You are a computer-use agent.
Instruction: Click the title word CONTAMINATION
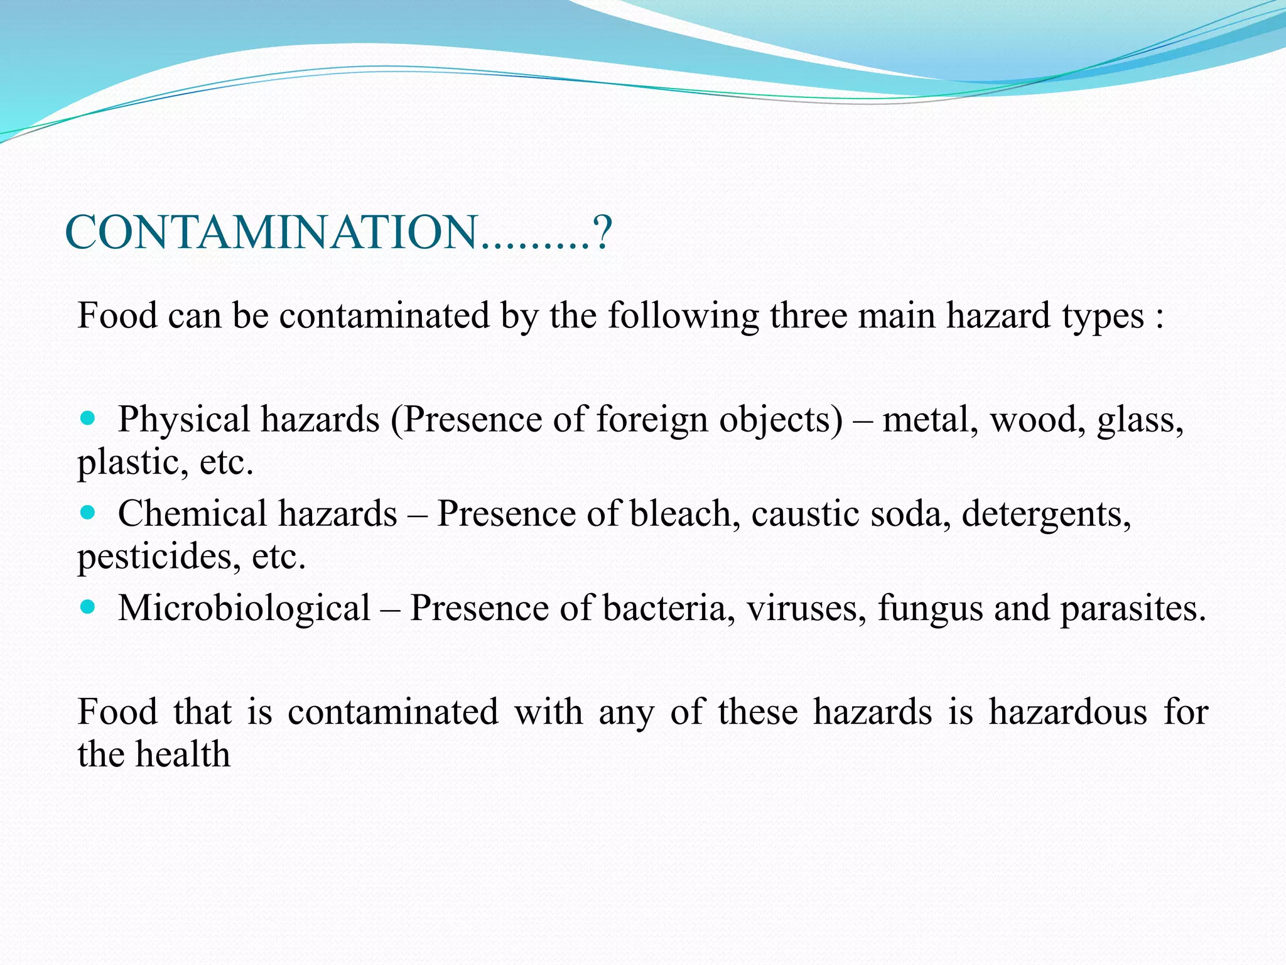(x=271, y=232)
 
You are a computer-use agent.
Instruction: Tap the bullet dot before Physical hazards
(x=89, y=418)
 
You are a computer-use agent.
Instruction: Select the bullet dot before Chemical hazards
(x=89, y=513)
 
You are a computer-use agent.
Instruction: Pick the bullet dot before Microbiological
(x=89, y=607)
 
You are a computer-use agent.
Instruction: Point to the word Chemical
(x=193, y=514)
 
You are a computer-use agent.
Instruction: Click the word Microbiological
(x=244, y=608)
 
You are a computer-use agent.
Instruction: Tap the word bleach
(x=681, y=514)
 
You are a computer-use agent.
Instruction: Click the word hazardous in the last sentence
(x=1067, y=712)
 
